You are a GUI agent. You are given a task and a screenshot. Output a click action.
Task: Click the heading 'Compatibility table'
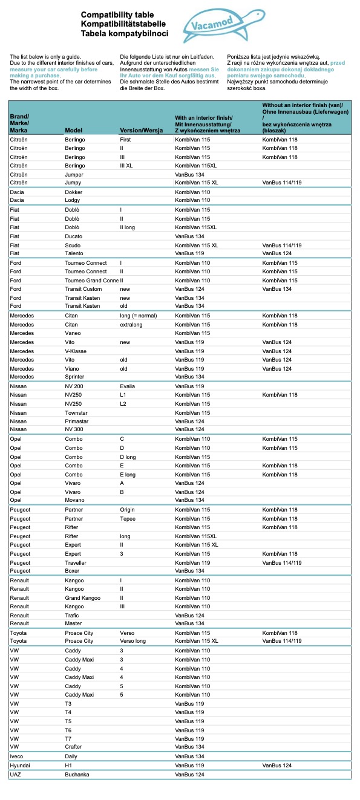[117, 14]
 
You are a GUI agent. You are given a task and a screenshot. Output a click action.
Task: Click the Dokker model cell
[74, 192]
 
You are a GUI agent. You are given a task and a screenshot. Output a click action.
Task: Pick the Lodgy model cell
[73, 200]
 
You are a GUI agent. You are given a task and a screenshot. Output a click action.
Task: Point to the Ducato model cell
[74, 236]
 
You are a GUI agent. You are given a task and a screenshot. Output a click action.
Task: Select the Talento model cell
[74, 253]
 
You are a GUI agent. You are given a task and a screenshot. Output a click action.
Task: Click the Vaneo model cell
[73, 333]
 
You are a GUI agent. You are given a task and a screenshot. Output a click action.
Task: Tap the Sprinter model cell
[75, 377]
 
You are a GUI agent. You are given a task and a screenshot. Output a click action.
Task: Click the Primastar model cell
[77, 421]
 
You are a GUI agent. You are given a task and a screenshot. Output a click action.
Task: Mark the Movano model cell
[75, 500]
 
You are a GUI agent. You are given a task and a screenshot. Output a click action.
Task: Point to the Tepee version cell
[128, 518]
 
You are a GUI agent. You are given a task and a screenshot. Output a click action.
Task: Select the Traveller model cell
[76, 562]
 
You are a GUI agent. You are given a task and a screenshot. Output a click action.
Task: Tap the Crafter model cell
[74, 747]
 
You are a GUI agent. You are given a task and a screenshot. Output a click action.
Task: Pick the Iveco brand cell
[17, 756]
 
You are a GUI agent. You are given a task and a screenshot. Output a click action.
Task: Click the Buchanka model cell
[77, 774]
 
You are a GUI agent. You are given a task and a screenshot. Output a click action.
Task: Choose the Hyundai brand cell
[20, 765]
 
